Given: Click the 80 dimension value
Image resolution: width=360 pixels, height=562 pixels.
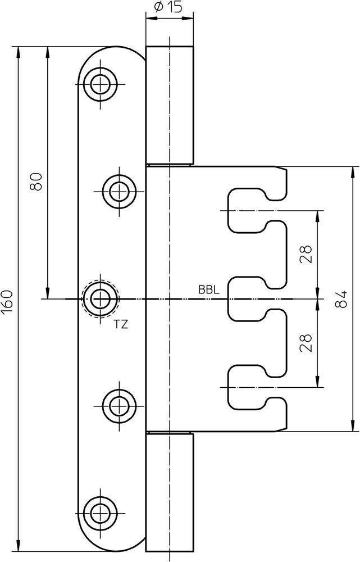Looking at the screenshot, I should pos(37,183).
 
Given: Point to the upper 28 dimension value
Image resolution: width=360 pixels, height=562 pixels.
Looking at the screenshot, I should pos(307,254).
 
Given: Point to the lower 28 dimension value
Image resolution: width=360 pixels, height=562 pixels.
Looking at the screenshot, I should pos(307,343).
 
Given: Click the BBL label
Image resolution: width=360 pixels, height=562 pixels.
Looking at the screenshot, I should pos(208,290).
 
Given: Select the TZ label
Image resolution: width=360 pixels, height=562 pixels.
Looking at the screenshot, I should pos(121,324).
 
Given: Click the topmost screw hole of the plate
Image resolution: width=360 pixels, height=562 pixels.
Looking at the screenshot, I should pos(101,85).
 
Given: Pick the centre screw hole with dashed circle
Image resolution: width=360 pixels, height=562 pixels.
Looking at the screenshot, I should pos(101,298).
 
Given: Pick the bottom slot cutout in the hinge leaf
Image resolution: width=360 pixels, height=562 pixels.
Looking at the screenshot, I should pos(247,387).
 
